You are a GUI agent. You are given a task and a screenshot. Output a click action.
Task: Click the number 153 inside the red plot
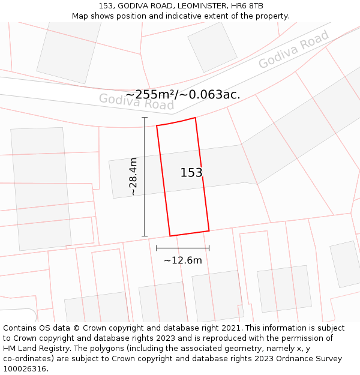[x=191, y=173]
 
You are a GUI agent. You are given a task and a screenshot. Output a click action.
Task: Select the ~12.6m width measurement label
[x=182, y=260]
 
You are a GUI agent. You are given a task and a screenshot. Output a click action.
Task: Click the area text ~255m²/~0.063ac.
[x=182, y=94]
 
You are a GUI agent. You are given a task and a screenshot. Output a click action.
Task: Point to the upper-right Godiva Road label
[x=293, y=49]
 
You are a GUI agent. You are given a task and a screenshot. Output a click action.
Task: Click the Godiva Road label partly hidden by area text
[x=136, y=102]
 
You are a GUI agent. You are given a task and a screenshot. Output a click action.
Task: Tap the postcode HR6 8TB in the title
[x=248, y=5]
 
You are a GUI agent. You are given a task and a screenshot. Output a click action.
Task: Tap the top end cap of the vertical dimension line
[x=145, y=118]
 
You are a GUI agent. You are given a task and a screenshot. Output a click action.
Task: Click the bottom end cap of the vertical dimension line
[x=145, y=236]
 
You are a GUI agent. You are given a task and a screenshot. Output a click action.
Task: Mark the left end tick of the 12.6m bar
[x=157, y=247]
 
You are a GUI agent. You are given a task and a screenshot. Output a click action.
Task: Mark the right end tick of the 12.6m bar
[x=209, y=247]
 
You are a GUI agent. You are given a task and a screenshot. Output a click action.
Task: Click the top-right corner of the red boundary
[x=196, y=118]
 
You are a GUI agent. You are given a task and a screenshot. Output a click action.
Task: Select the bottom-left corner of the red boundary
[x=170, y=236]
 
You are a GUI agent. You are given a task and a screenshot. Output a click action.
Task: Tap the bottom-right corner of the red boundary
[x=209, y=230]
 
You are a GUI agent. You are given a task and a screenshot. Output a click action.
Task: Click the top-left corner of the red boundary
[x=157, y=125]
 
